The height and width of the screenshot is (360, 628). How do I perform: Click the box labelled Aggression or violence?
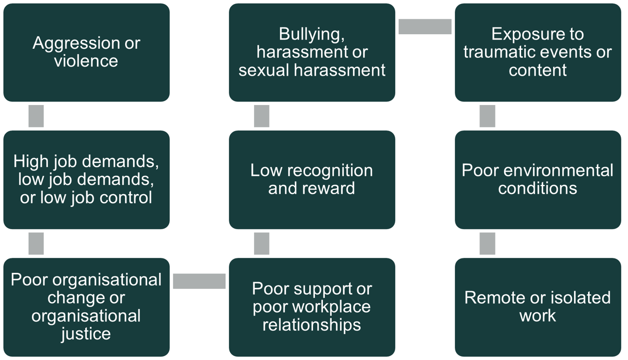[86, 52]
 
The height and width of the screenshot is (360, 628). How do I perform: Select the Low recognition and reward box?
[312, 180]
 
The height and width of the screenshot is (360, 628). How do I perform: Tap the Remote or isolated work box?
[538, 307]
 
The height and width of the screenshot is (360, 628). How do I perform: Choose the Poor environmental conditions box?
[538, 180]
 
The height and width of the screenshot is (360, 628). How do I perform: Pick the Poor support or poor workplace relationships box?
[312, 307]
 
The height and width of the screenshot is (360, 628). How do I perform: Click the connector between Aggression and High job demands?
[36, 116]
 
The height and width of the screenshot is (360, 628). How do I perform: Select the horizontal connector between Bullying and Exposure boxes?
[425, 27]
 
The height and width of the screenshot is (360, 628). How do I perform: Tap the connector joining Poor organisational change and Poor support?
[199, 281]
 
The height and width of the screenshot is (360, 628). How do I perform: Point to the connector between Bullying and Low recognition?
[262, 116]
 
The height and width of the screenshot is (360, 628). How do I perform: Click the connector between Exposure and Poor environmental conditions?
[487, 116]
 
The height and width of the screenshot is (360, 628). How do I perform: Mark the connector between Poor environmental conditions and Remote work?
[487, 243]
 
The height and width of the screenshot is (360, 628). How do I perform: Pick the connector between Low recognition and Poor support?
[262, 243]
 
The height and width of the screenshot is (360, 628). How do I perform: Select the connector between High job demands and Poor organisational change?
[36, 243]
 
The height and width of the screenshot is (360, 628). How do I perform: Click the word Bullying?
[311, 35]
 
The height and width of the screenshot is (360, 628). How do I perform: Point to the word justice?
[86, 334]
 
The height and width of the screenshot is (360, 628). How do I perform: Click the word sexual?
[264, 70]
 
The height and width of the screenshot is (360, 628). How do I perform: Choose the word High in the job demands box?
[31, 161]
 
